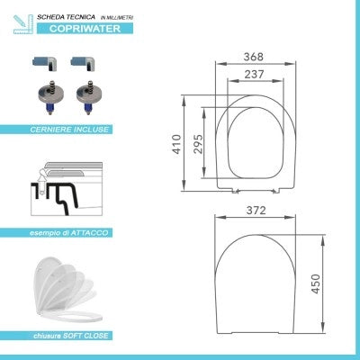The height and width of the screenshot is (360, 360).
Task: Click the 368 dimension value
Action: pyautogui.click(x=253, y=57)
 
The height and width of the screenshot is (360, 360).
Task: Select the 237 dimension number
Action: pyautogui.click(x=254, y=75)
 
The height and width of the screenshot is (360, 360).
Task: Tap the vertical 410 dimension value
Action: pyautogui.click(x=177, y=145)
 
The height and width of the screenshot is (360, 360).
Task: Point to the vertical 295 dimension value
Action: pyautogui.click(x=198, y=144)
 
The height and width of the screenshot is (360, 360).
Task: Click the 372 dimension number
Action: pyautogui.click(x=256, y=211)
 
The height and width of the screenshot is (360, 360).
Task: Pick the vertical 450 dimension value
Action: pyautogui.click(x=315, y=283)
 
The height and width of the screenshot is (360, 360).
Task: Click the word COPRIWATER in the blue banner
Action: pyautogui.click(x=85, y=29)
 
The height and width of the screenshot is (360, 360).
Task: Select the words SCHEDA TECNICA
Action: pyautogui.click(x=66, y=17)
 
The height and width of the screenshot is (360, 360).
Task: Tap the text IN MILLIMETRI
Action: pyautogui.click(x=117, y=18)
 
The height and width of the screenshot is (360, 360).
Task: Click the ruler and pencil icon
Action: pyautogui.click(x=23, y=24)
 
